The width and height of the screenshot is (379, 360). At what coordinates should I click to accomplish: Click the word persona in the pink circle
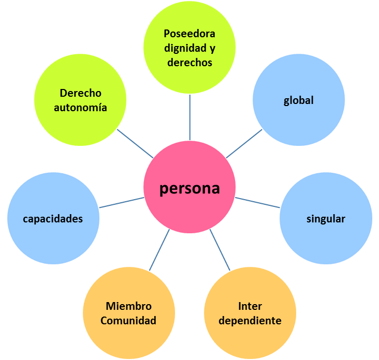pos(189,188)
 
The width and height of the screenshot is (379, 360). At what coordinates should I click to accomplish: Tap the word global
pos(299,100)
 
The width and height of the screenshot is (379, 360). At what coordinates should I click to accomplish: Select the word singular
pos(326,219)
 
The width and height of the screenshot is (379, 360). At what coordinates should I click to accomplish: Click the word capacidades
pos(53,219)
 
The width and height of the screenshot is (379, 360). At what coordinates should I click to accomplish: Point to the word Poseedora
pos(189,34)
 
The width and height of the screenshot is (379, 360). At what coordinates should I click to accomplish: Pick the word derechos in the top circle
pos(189,62)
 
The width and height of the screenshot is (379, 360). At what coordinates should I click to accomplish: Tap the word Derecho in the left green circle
pos(81,94)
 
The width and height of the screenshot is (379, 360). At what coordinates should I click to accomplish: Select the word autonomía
pos(81,108)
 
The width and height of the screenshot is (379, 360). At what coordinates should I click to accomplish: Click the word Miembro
pos(128,306)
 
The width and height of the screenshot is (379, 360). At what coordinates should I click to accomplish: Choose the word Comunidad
pos(128,321)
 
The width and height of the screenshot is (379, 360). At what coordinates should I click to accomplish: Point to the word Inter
pos(250,306)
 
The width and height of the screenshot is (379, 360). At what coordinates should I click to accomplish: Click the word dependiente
pos(250,321)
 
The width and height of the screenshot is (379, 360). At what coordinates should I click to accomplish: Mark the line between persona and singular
pos(257,203)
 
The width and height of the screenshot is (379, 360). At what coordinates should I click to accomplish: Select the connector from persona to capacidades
pos(122,202)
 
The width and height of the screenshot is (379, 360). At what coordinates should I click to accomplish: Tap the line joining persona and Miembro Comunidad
pos(159,250)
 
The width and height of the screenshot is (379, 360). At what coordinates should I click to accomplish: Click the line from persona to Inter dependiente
pos(220,250)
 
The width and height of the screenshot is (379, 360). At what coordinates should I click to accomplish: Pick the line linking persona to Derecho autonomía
pos(135,143)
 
